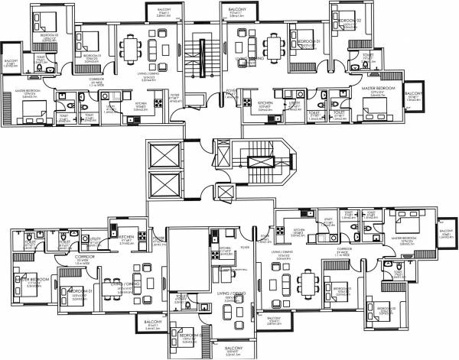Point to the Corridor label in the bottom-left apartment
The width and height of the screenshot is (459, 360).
click(x=79, y=258)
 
